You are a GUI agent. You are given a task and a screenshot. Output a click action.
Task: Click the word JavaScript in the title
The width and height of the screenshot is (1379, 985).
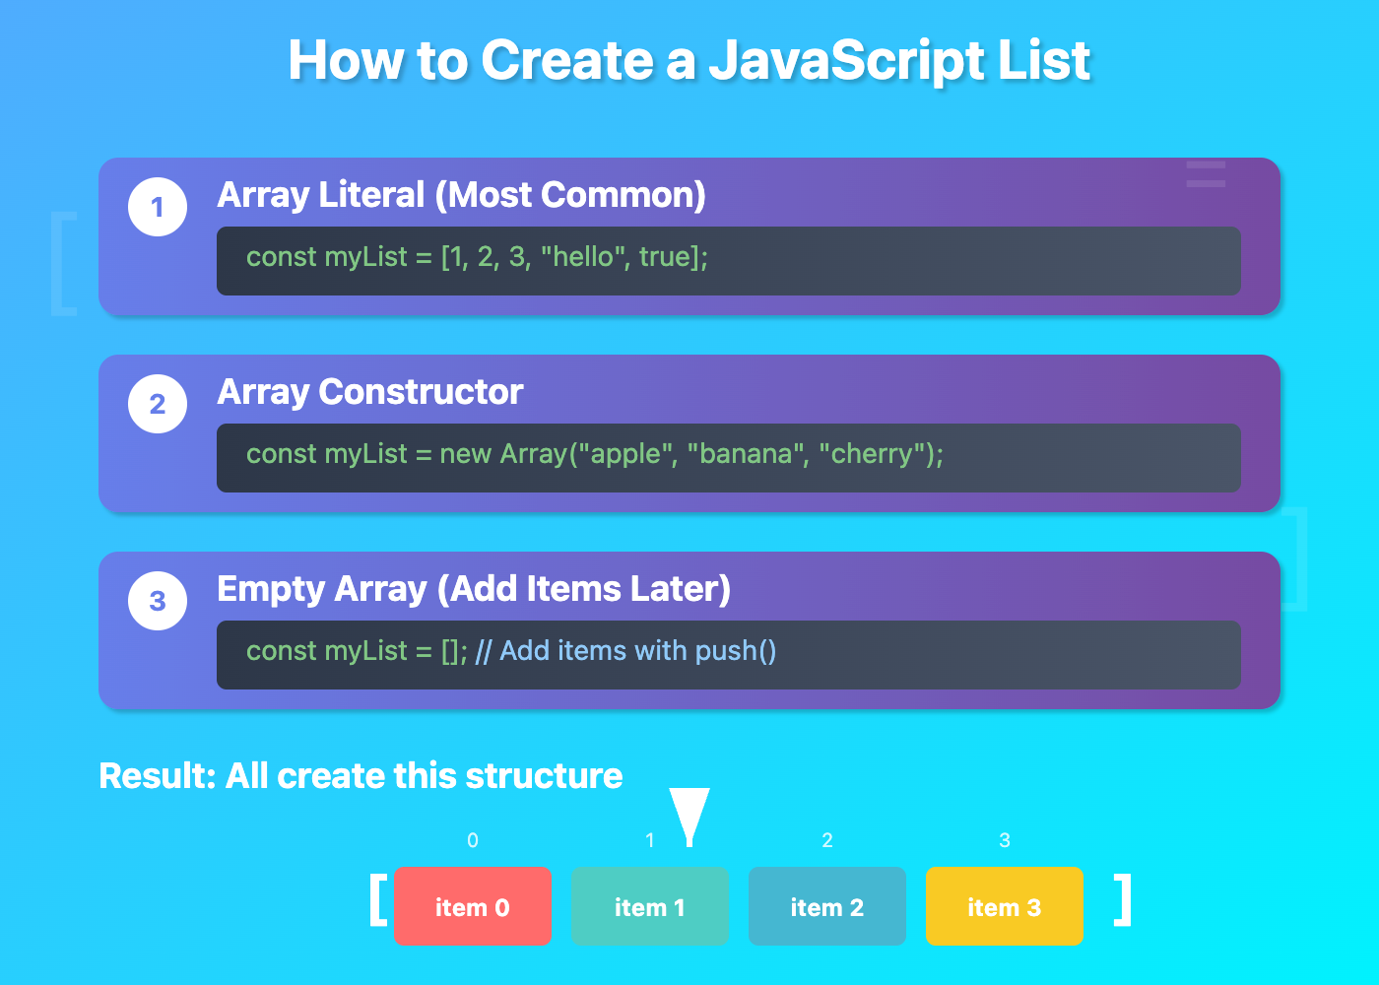click(x=846, y=61)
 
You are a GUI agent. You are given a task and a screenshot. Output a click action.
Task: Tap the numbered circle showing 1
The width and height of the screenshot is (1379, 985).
click(x=158, y=207)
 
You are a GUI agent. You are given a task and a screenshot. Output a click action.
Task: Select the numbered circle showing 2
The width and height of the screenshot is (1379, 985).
click(x=158, y=404)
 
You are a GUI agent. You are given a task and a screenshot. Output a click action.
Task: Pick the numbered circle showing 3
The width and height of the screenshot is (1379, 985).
click(x=158, y=601)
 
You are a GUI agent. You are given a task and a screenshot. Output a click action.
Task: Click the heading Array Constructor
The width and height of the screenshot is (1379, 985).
click(x=370, y=392)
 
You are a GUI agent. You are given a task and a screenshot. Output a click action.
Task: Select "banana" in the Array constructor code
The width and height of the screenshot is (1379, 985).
click(x=745, y=454)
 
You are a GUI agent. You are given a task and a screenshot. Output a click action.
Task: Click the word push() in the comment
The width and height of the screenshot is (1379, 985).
click(x=736, y=651)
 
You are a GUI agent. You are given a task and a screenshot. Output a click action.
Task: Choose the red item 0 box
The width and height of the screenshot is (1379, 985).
click(x=473, y=906)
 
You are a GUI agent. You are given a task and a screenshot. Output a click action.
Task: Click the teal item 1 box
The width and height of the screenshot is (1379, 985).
click(x=650, y=906)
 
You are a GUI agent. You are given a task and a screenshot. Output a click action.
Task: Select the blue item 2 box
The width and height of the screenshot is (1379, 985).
click(x=827, y=906)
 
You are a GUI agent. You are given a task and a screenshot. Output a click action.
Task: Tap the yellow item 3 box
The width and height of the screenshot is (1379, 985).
click(x=1005, y=906)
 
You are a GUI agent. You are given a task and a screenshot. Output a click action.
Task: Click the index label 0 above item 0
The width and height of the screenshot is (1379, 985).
click(x=473, y=840)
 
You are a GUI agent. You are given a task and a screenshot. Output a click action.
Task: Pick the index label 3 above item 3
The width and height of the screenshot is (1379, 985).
click(x=1005, y=840)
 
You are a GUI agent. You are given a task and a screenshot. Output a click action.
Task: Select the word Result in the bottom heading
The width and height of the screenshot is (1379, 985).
click(x=158, y=776)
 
